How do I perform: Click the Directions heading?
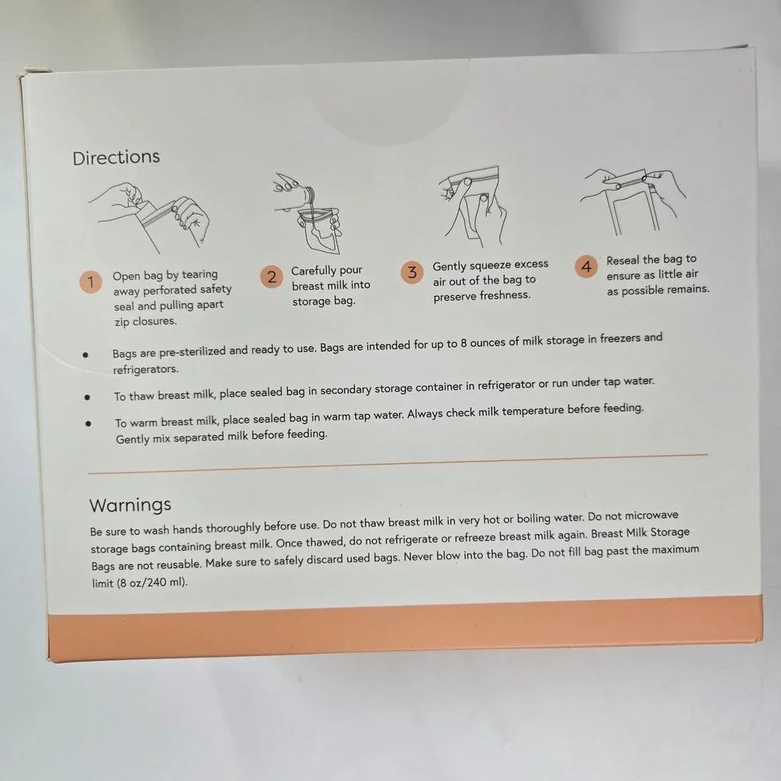pos(116,158)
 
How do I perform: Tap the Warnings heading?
pos(130,505)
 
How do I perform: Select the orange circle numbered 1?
pos(91,282)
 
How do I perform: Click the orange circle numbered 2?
pos(272,276)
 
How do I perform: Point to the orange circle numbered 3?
pos(412,273)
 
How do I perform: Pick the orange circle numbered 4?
pos(587,266)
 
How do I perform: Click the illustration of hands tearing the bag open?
pos(149,218)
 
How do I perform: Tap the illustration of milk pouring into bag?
pos(307,213)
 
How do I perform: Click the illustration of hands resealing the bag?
pos(633,201)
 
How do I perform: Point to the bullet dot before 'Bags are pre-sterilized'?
pos(86,355)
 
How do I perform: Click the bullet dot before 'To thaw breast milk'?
pos(87,397)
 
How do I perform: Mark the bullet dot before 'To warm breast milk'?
pos(88,424)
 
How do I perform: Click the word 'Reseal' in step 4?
pos(622,260)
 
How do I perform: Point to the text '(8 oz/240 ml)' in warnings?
pos(152,583)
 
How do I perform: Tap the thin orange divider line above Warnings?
pos(398,464)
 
